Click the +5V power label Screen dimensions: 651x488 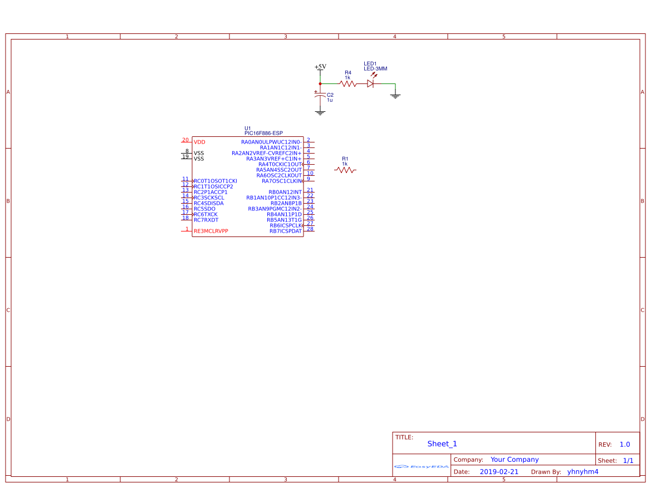(x=320, y=67)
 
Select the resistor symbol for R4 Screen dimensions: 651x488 (x=347, y=84)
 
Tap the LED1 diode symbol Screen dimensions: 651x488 (x=370, y=83)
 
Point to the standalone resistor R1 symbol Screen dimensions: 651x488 (x=345, y=170)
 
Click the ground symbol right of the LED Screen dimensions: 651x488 (x=395, y=96)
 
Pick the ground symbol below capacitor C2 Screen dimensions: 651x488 (x=320, y=112)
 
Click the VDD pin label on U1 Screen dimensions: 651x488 (x=199, y=142)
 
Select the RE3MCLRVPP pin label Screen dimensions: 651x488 (x=211, y=231)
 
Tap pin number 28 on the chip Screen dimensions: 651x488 (x=310, y=229)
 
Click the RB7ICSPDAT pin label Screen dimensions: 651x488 (x=286, y=231)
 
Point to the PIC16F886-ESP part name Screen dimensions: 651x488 (x=263, y=134)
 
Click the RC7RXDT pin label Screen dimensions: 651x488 (x=206, y=220)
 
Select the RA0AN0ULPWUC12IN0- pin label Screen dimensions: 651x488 (x=271, y=142)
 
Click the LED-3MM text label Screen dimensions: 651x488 (x=375, y=69)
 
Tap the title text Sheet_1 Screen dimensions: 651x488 (x=442, y=443)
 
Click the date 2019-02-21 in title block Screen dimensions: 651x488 (x=499, y=472)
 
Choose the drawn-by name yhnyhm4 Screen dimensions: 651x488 (x=583, y=472)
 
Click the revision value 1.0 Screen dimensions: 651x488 (x=625, y=445)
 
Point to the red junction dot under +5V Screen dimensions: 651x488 (x=320, y=84)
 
